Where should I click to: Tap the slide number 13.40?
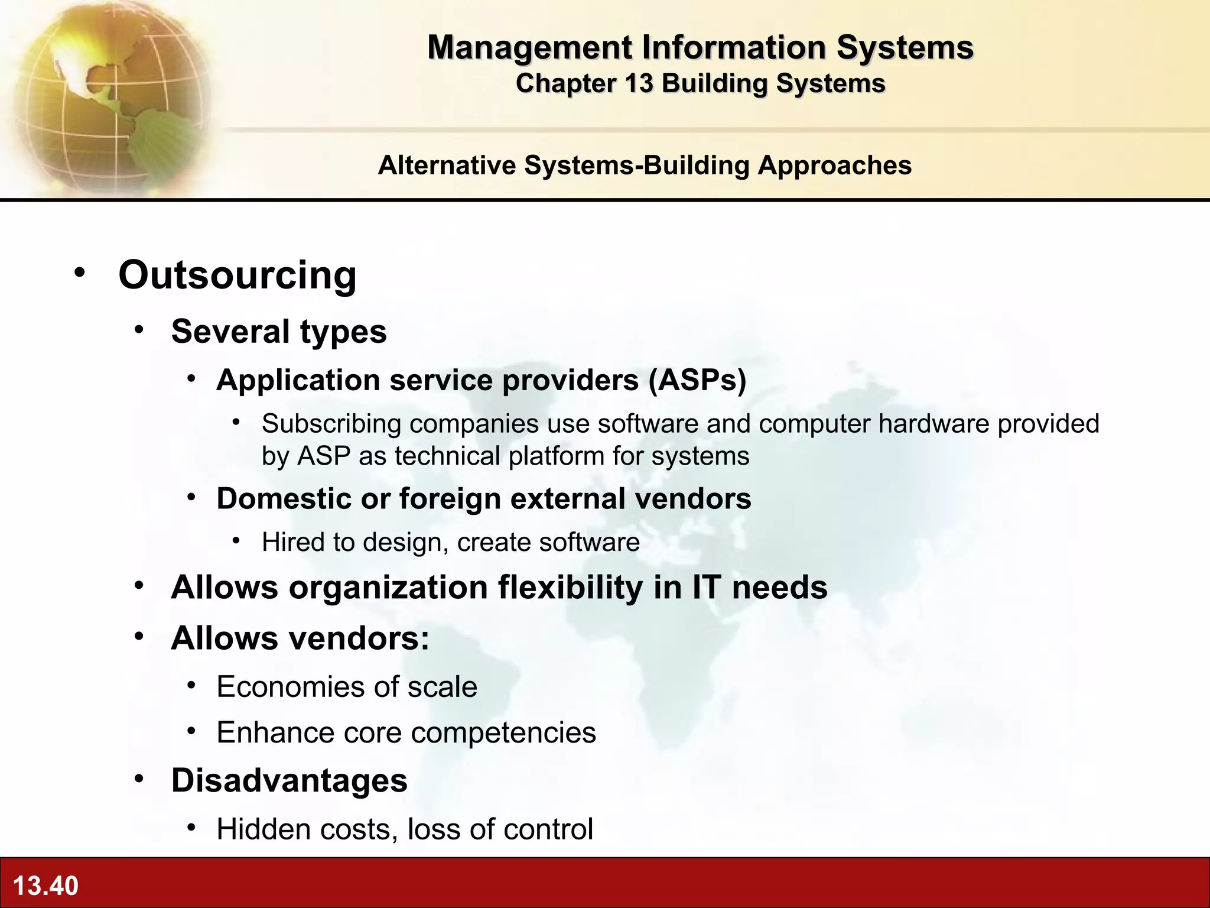[45, 886]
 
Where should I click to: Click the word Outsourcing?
[238, 275]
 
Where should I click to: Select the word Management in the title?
[529, 47]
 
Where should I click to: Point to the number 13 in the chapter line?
[639, 83]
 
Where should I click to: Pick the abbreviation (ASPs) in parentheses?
[697, 380]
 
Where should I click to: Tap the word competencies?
[503, 732]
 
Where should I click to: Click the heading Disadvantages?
[289, 780]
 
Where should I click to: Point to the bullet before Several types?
[139, 330]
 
